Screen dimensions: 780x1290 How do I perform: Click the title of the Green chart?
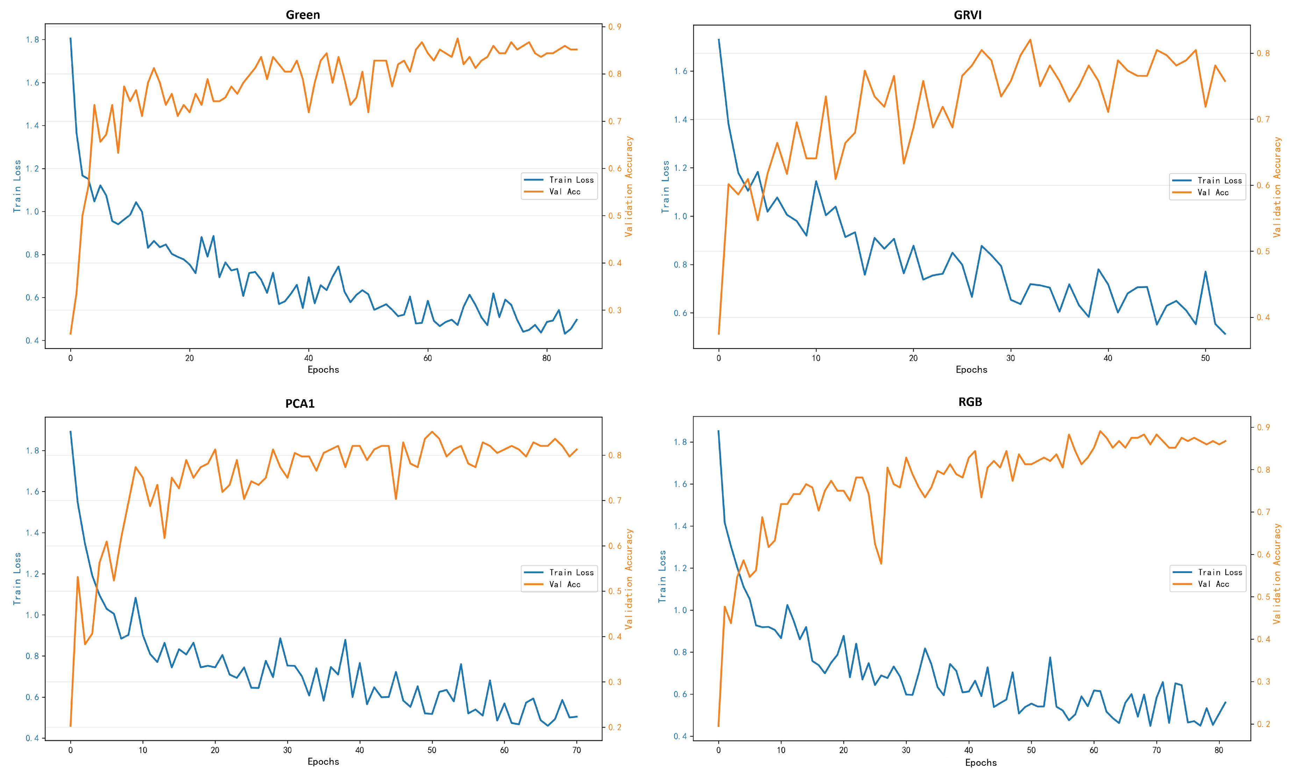(x=302, y=15)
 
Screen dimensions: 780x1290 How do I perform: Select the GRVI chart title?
(x=968, y=15)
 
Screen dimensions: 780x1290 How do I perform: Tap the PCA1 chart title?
(x=300, y=403)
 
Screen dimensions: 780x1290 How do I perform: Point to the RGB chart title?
(x=970, y=401)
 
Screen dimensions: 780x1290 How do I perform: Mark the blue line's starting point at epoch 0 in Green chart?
(x=71, y=38)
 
